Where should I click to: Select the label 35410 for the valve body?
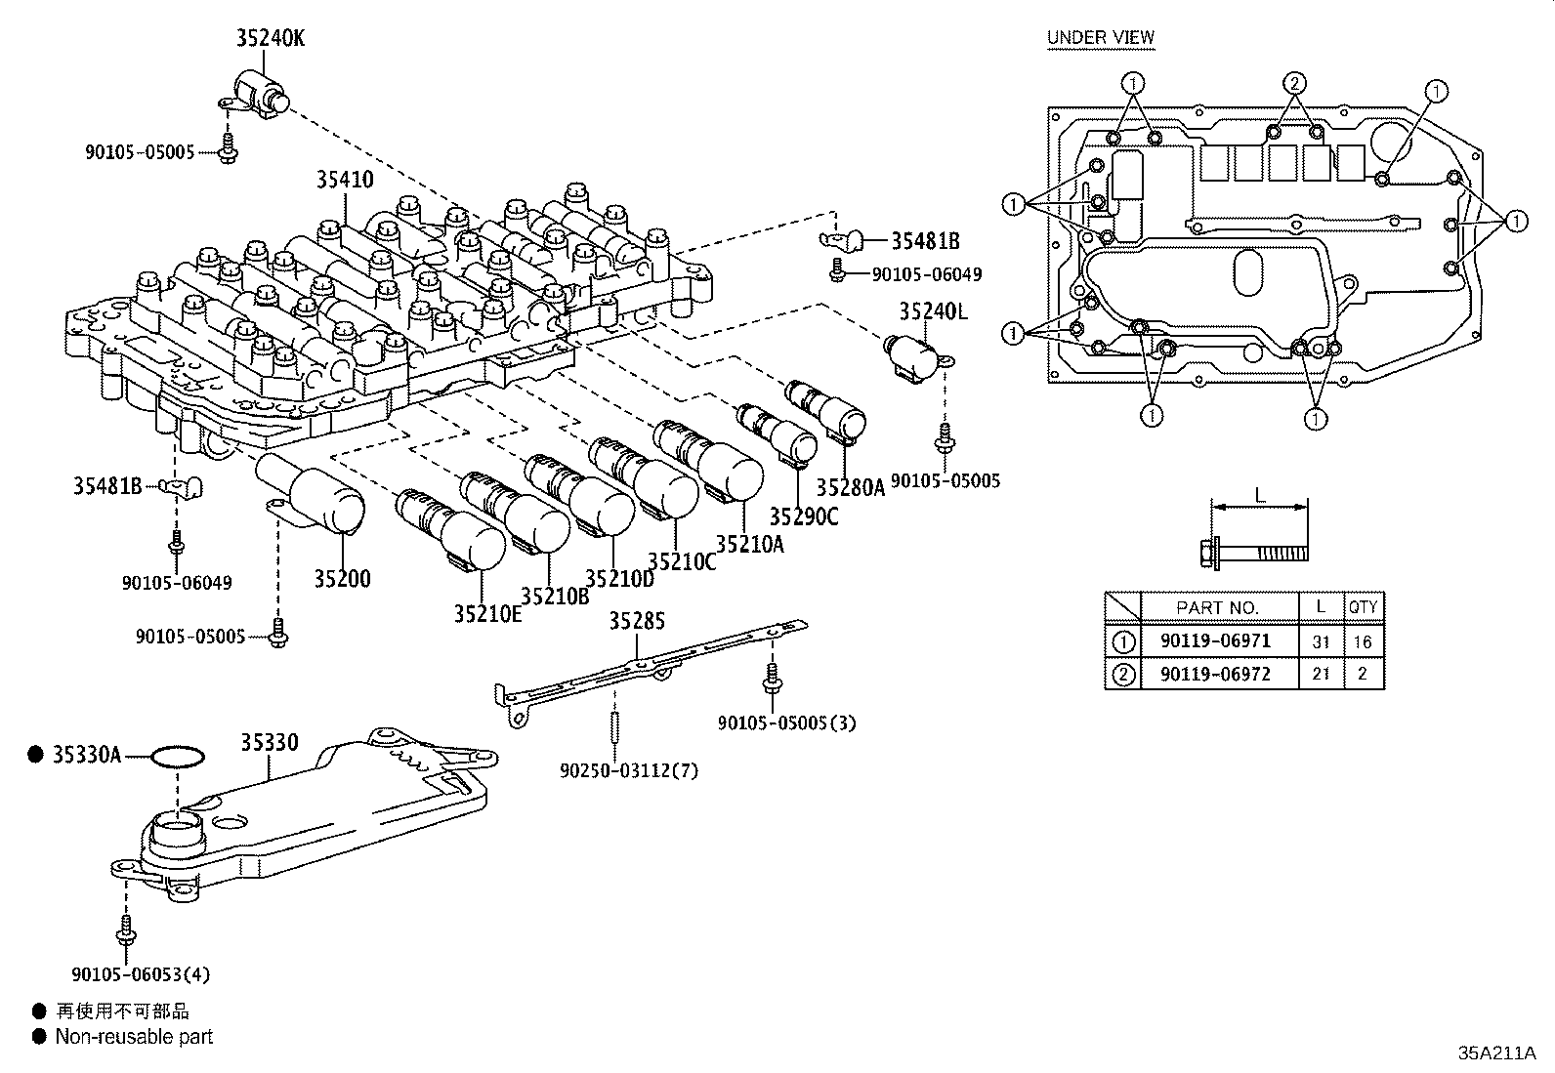tap(344, 180)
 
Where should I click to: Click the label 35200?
tap(342, 578)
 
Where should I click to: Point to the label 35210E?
tap(487, 614)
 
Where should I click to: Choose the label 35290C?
tap(803, 516)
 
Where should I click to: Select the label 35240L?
tap(933, 311)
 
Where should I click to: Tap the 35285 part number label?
tap(637, 621)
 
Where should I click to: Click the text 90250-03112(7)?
tap(629, 770)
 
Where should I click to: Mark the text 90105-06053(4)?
tap(141, 973)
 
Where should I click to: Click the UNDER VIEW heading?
tap(1101, 37)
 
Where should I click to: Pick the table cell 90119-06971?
tap(1215, 641)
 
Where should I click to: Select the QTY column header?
tap(1363, 606)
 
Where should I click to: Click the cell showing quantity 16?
tap(1363, 641)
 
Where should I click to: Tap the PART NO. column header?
tap(1217, 607)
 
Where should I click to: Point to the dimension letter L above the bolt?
tap(1259, 495)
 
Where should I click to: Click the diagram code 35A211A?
tap(1496, 1053)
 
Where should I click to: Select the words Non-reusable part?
tap(134, 1037)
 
